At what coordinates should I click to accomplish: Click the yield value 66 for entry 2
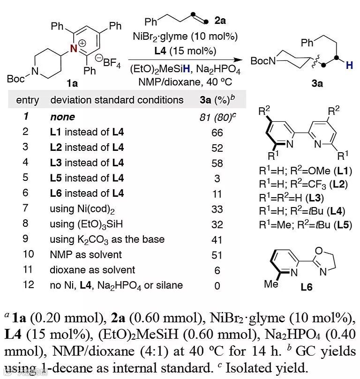(x=217, y=133)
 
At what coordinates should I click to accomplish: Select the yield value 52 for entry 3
(x=217, y=148)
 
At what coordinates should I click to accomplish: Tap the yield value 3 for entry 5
(x=217, y=178)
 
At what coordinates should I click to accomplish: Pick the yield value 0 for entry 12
(x=217, y=285)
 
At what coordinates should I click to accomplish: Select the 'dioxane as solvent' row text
(x=92, y=270)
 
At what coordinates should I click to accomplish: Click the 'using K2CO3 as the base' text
(x=107, y=239)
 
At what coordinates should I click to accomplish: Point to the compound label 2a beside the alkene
(x=219, y=20)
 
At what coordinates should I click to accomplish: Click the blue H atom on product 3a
(x=349, y=67)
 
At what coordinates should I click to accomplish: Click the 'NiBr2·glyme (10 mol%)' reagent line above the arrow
(x=185, y=36)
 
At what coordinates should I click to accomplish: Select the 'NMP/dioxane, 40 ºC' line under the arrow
(x=185, y=81)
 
